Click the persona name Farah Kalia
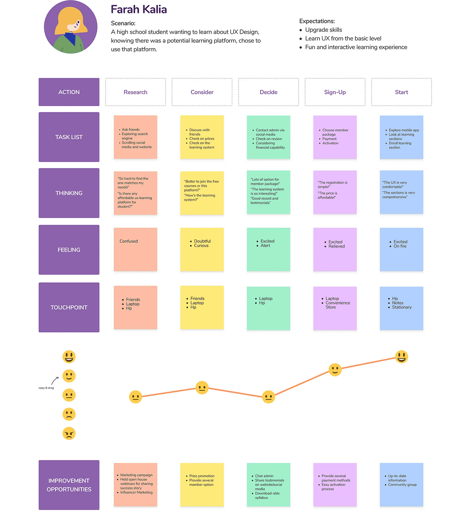point(139,9)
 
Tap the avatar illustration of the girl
point(71,27)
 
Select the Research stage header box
point(135,92)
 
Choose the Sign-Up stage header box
point(335,92)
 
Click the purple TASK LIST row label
point(69,137)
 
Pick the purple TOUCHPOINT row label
point(69,307)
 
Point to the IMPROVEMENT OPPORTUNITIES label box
point(69,485)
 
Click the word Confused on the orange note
point(129,241)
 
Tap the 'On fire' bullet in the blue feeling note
point(400,246)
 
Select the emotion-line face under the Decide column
point(268,397)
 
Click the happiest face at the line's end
point(401,357)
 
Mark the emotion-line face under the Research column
point(135,397)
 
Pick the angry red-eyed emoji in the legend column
point(69,433)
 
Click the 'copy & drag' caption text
point(46,388)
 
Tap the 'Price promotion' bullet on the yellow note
point(201,476)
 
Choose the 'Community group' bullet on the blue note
point(402,485)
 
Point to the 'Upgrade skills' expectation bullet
point(323,30)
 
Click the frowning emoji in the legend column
point(69,414)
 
